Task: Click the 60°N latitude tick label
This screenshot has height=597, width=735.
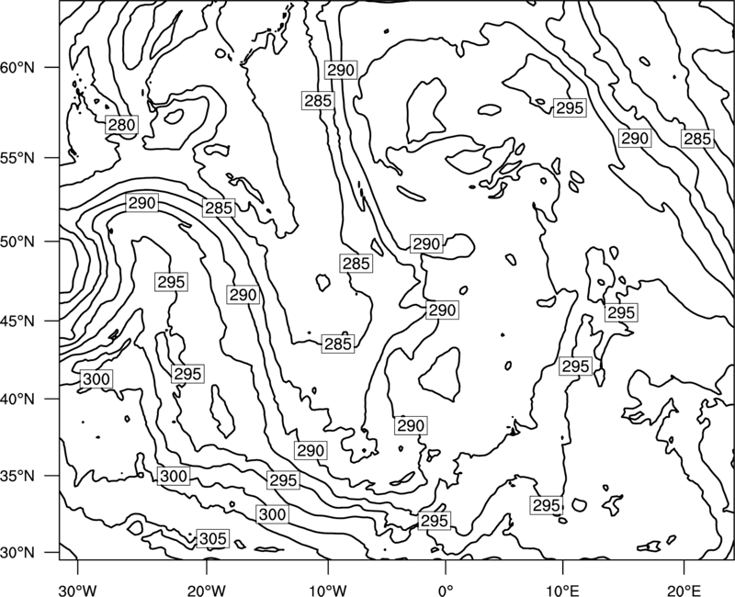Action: point(17,68)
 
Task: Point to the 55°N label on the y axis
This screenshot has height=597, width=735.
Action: point(17,158)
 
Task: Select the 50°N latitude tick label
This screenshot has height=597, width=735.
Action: point(17,242)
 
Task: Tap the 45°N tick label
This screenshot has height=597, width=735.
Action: point(17,321)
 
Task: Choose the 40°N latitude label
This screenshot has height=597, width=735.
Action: point(17,400)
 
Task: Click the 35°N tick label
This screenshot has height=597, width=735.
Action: point(17,476)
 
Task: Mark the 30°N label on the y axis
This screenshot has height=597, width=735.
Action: point(17,553)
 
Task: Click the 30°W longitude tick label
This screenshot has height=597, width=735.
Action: point(78,590)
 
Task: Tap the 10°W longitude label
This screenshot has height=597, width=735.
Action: point(328,590)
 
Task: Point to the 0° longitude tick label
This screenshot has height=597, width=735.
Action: point(446,590)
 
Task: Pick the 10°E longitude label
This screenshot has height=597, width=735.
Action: point(562,590)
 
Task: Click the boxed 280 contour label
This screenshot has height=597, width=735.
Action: point(121,125)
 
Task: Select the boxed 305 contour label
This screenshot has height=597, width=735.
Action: point(213,538)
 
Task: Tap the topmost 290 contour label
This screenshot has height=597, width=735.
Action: point(341,70)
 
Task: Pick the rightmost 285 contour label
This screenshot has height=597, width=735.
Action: point(697,139)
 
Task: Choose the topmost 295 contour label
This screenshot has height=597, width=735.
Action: point(569,107)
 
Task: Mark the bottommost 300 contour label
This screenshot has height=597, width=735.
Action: point(272,514)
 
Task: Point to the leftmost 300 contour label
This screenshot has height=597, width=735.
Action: point(96,378)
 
